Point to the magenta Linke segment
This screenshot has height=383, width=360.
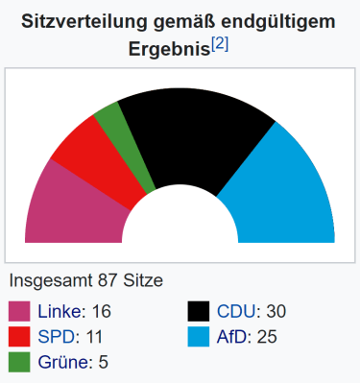click(67, 206)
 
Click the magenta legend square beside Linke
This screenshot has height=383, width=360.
click(19, 312)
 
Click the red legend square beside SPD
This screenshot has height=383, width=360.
click(19, 337)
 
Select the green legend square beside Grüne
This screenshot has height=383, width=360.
click(19, 362)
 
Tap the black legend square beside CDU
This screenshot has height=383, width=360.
click(199, 312)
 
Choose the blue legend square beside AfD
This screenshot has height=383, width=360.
click(199, 337)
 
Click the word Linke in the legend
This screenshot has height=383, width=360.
click(60, 312)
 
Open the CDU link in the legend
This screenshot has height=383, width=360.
click(236, 312)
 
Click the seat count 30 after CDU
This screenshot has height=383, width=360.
click(276, 312)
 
